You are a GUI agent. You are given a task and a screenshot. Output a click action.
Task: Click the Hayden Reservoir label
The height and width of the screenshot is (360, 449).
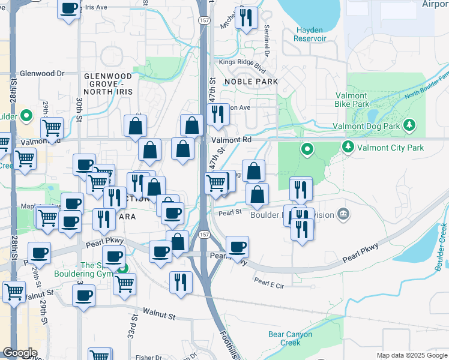310,34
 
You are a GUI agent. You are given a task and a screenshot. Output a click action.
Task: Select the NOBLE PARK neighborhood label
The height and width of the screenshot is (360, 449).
251,81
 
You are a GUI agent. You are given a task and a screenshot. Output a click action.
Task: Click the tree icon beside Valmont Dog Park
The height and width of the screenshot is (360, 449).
409,125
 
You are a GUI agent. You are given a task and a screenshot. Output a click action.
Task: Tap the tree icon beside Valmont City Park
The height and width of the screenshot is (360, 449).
348,146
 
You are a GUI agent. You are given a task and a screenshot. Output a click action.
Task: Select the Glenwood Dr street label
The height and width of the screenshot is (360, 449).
42,73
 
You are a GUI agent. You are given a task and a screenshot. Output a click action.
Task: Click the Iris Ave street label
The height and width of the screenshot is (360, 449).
96,8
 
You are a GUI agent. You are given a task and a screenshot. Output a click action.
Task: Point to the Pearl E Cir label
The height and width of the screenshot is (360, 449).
268,281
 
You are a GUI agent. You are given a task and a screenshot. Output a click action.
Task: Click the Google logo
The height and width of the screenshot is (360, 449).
20,353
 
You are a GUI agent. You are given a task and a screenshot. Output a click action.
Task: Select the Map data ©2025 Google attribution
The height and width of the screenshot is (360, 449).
411,355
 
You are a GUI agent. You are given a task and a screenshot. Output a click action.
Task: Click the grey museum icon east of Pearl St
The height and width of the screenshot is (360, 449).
343,214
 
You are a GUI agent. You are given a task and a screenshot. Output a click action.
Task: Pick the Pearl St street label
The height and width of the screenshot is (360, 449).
229,212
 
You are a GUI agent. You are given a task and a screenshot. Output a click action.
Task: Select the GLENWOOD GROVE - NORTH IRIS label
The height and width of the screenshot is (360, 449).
108,84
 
